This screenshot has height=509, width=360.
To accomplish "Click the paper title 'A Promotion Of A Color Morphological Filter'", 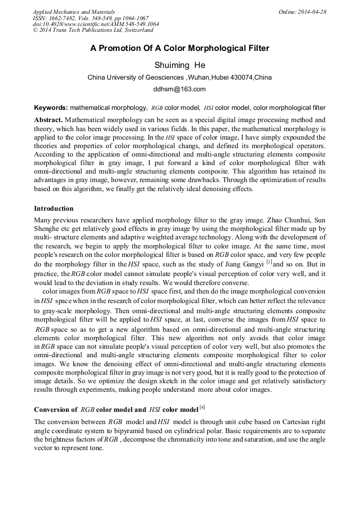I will [179, 48].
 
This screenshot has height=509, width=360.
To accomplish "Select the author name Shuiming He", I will [179, 65].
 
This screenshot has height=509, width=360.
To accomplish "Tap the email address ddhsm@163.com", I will [179, 89].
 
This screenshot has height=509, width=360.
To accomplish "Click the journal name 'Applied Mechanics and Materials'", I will [74, 11].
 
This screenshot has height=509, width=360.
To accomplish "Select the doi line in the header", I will [96, 24].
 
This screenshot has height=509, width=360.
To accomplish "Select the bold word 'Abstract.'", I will [49, 120].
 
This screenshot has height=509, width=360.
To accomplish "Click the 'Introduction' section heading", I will [54, 209].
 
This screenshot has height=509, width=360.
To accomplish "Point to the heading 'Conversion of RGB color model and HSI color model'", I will [115, 410].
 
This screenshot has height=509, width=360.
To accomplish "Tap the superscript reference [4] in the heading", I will [202, 408].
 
